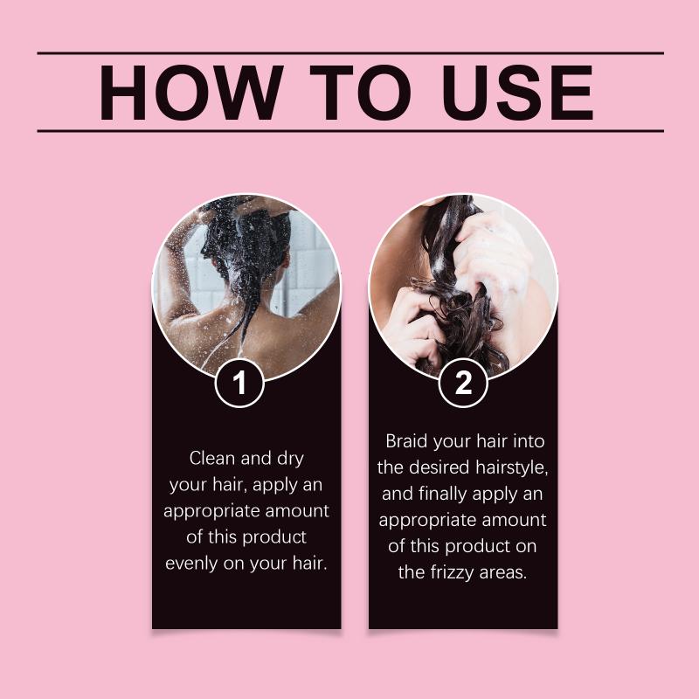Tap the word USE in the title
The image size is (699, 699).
[x=517, y=93]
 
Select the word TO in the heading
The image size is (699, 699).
[x=360, y=93]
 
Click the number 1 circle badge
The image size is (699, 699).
[x=239, y=383]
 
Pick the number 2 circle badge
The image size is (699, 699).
[x=463, y=383]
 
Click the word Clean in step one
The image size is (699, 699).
[x=211, y=458]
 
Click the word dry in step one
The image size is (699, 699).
[x=290, y=459]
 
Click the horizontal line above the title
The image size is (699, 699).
[x=350, y=53]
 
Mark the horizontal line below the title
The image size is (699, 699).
[x=350, y=131]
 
